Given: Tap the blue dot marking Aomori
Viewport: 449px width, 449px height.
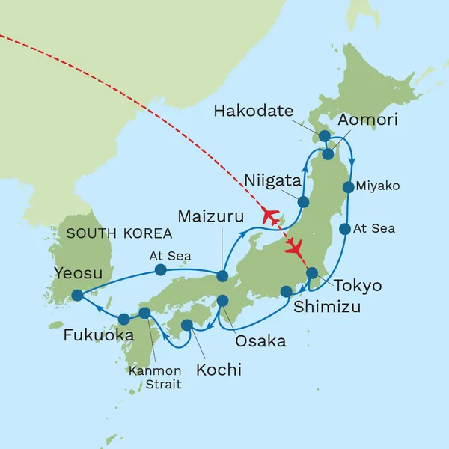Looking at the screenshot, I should [x=328, y=153].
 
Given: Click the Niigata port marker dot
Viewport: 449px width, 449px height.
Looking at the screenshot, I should [x=303, y=202].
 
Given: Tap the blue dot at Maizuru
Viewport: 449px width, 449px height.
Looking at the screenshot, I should [x=222, y=275].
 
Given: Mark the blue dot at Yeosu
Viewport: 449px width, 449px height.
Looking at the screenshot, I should [x=77, y=295].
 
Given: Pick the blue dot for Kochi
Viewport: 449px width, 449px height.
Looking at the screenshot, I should [x=187, y=326].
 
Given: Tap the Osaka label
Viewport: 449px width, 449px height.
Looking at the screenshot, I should [x=260, y=341].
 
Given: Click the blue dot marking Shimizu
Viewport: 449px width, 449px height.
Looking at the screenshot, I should [x=286, y=291].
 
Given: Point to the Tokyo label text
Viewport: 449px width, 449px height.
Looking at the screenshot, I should [x=358, y=286].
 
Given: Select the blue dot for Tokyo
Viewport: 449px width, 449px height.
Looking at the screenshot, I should [x=313, y=273].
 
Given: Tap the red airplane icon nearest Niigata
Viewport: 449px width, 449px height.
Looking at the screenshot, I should [x=270, y=216].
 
